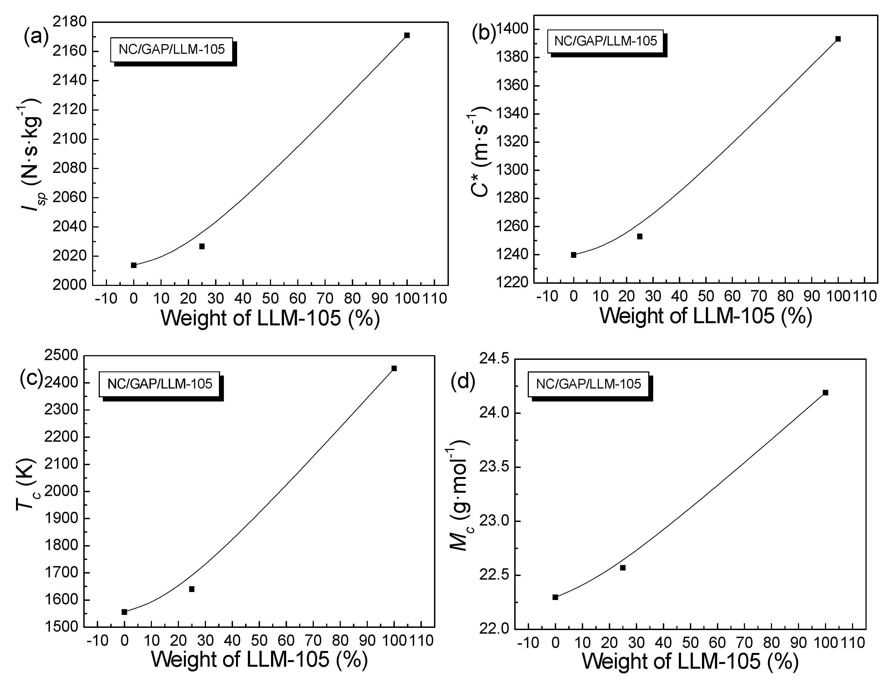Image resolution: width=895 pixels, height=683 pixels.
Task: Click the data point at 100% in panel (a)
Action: [407, 35]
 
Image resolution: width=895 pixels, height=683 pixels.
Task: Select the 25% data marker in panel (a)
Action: [202, 246]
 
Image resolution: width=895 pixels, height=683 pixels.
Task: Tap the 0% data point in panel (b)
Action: [574, 255]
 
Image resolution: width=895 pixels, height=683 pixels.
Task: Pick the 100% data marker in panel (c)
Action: [394, 368]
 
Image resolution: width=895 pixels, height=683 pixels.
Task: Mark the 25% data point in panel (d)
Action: [622, 567]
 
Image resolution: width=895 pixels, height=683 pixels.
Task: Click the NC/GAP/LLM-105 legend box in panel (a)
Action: [172, 50]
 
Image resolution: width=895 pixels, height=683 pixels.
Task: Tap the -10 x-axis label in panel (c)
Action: [98, 641]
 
